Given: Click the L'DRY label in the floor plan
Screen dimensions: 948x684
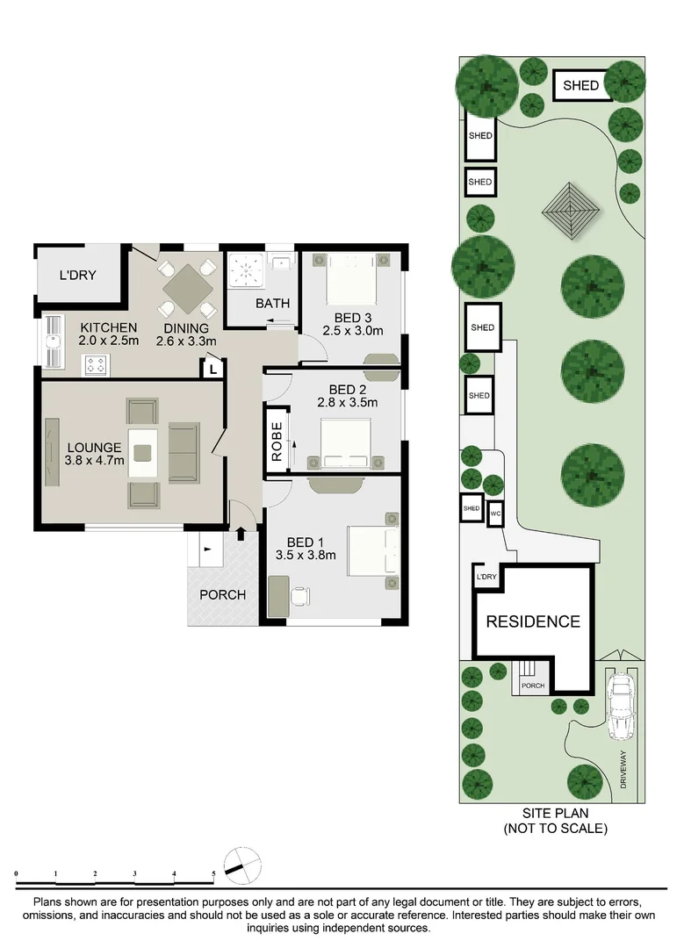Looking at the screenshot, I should click(x=77, y=275).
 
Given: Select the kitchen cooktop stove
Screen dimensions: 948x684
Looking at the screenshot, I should click(x=95, y=363).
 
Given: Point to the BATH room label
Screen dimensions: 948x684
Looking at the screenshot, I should click(x=272, y=304).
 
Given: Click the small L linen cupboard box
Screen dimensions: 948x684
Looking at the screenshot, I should click(x=212, y=370).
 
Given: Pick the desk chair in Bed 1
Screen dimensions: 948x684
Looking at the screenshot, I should click(x=300, y=597).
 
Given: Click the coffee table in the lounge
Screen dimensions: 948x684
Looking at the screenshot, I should click(x=143, y=453).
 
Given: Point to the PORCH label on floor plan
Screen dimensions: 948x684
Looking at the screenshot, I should click(x=222, y=594).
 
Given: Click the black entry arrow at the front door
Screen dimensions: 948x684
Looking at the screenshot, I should click(x=241, y=533).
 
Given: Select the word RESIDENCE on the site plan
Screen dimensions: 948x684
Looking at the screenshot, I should click(x=533, y=621).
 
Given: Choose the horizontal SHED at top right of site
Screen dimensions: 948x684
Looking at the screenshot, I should click(x=581, y=85).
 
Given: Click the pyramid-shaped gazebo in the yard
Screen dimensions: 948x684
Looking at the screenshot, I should click(x=571, y=210).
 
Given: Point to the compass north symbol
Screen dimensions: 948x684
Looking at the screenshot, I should click(x=241, y=864).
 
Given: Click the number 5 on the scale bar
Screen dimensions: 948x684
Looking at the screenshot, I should click(x=213, y=874).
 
